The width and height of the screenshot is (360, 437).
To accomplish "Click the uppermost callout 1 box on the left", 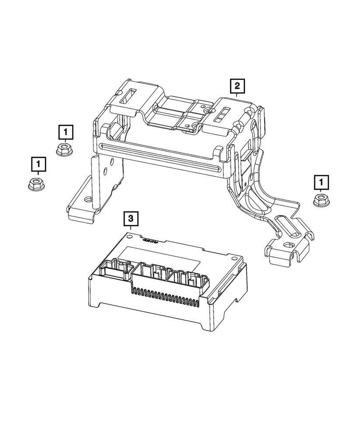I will (x=65, y=132).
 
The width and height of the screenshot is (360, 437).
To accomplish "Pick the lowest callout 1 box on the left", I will (x=38, y=165).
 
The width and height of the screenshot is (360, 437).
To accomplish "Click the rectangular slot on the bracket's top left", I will (x=129, y=95).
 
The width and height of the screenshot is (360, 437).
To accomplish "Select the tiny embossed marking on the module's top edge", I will (x=149, y=240).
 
